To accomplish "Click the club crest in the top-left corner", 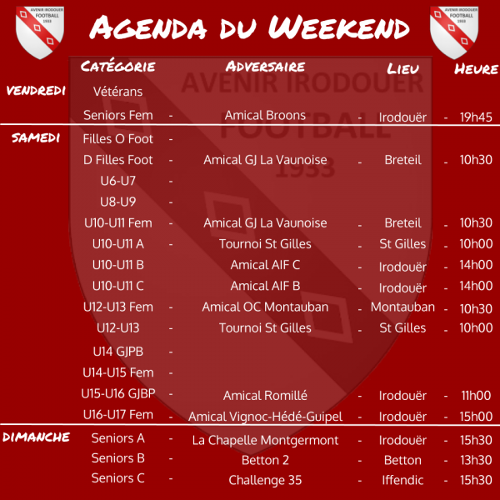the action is tap(40, 32).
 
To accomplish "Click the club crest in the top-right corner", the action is tap(454, 32).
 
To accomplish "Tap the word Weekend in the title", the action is tap(338, 27).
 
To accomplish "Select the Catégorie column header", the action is tap(118, 67).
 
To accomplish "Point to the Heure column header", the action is tap(476, 69).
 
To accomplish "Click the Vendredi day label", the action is tap(36, 91).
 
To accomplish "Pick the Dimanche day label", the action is tap(36, 437).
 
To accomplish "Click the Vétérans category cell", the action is tap(118, 92).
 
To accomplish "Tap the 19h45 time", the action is tap(476, 117).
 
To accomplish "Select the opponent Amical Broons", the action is tap(265, 115).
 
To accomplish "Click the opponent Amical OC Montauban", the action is tap(265, 307).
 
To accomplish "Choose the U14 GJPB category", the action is tap(118, 352).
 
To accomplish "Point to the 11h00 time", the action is tap(476, 396).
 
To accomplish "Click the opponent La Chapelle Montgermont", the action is tap(265, 440).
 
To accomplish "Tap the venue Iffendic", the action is tap(402, 480).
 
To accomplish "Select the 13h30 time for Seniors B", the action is tap(476, 460).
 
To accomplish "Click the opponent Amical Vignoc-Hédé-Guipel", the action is tap(265, 417).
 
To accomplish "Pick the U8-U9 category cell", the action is tap(118, 202).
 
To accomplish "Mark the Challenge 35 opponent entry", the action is tap(265, 480).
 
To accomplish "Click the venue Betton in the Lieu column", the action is tap(402, 460).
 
